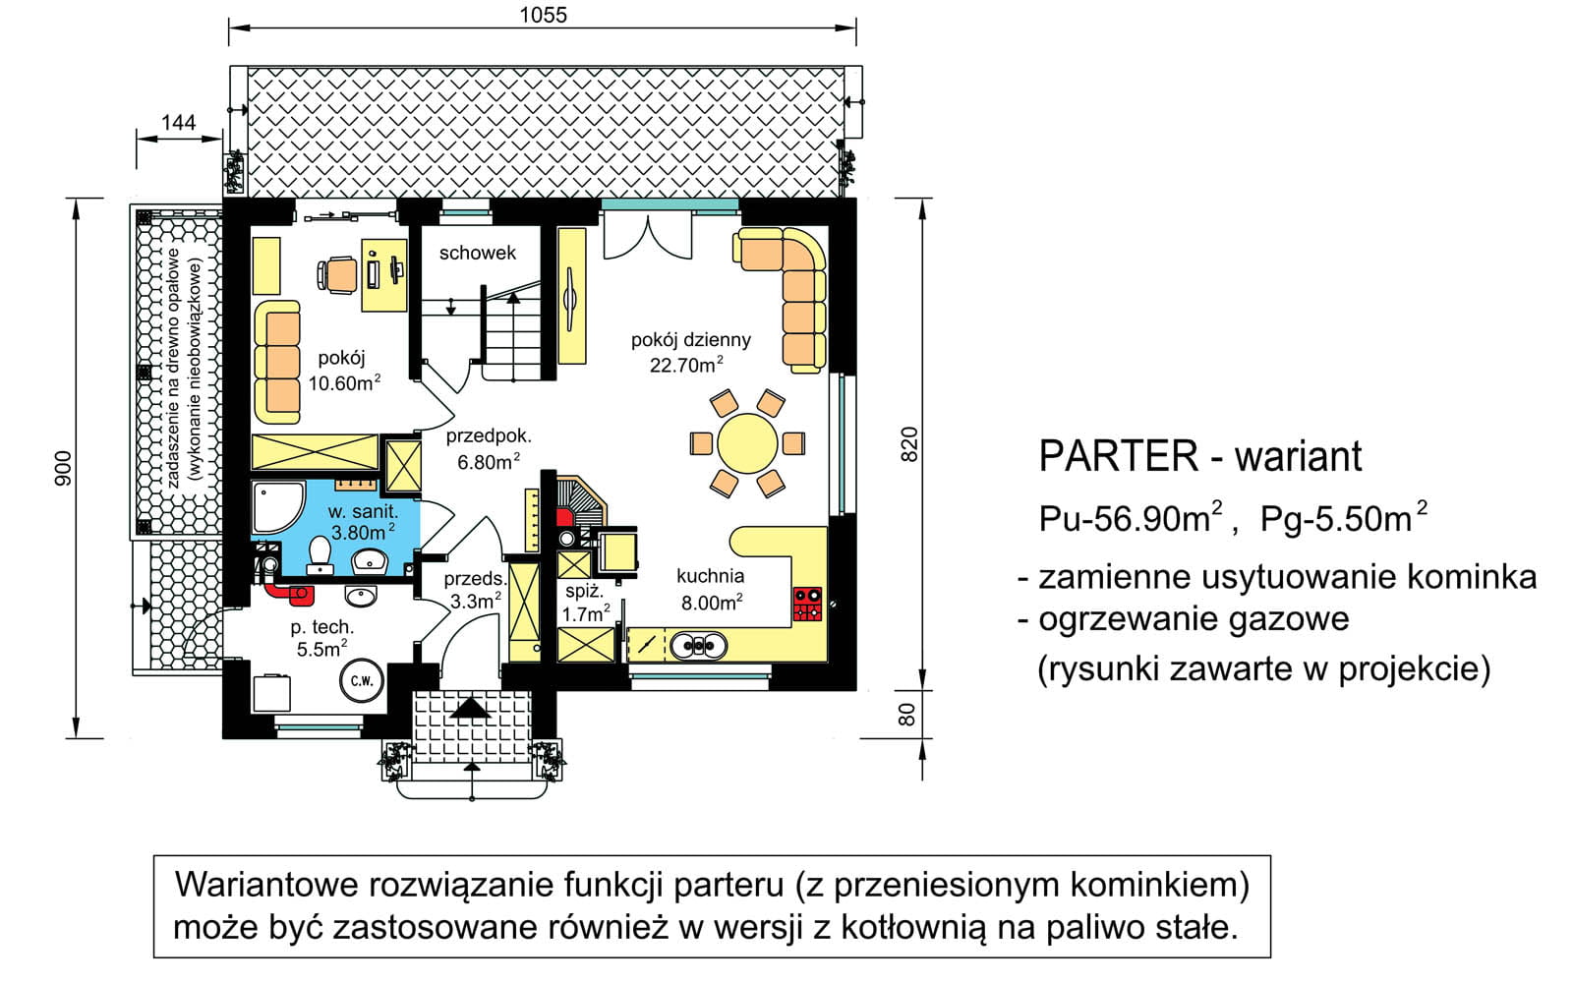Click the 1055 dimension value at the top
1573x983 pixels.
543,15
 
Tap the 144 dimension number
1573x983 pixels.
178,122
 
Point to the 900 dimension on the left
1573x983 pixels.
63,468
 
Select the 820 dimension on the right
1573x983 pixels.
908,443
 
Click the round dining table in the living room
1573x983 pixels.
747,443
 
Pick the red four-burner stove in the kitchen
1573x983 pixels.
807,604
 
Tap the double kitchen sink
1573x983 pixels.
698,646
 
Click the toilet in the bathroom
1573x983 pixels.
320,555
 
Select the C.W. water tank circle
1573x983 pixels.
362,680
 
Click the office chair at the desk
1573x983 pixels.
337,274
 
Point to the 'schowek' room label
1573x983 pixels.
478,253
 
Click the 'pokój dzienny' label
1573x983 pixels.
691,340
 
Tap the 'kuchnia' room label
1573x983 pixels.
710,576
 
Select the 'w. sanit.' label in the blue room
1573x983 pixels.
363,511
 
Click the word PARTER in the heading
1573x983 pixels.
1119,456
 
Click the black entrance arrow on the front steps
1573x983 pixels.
471,707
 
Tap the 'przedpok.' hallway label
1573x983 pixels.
489,436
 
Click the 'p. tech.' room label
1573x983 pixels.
322,627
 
